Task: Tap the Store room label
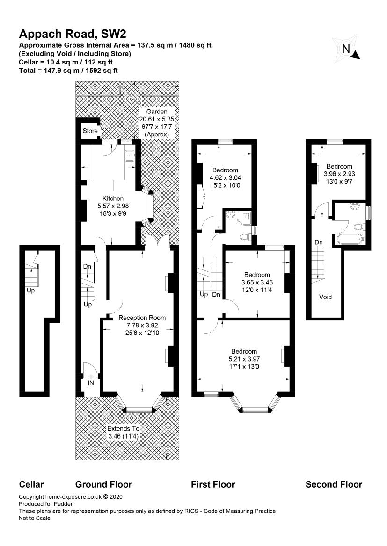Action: click(90, 131)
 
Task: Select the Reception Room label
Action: click(142, 318)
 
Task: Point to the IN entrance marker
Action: click(91, 383)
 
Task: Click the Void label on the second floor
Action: click(325, 297)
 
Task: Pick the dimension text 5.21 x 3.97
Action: click(244, 359)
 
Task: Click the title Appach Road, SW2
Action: click(73, 34)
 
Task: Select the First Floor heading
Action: click(213, 484)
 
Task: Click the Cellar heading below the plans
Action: click(31, 484)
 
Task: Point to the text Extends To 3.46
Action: click(124, 433)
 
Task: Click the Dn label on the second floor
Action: click(319, 242)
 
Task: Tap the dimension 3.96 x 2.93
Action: click(339, 174)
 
